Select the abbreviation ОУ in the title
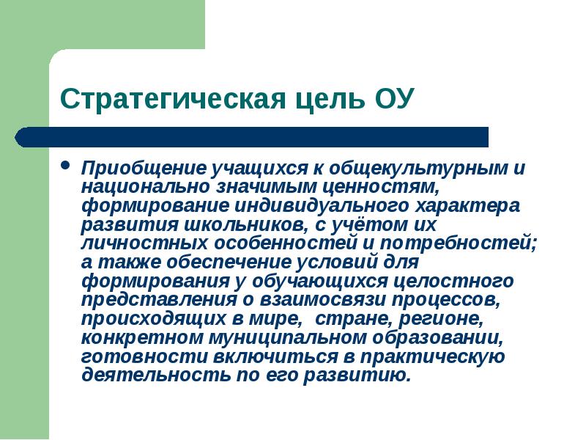point(393,98)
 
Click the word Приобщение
point(136,168)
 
